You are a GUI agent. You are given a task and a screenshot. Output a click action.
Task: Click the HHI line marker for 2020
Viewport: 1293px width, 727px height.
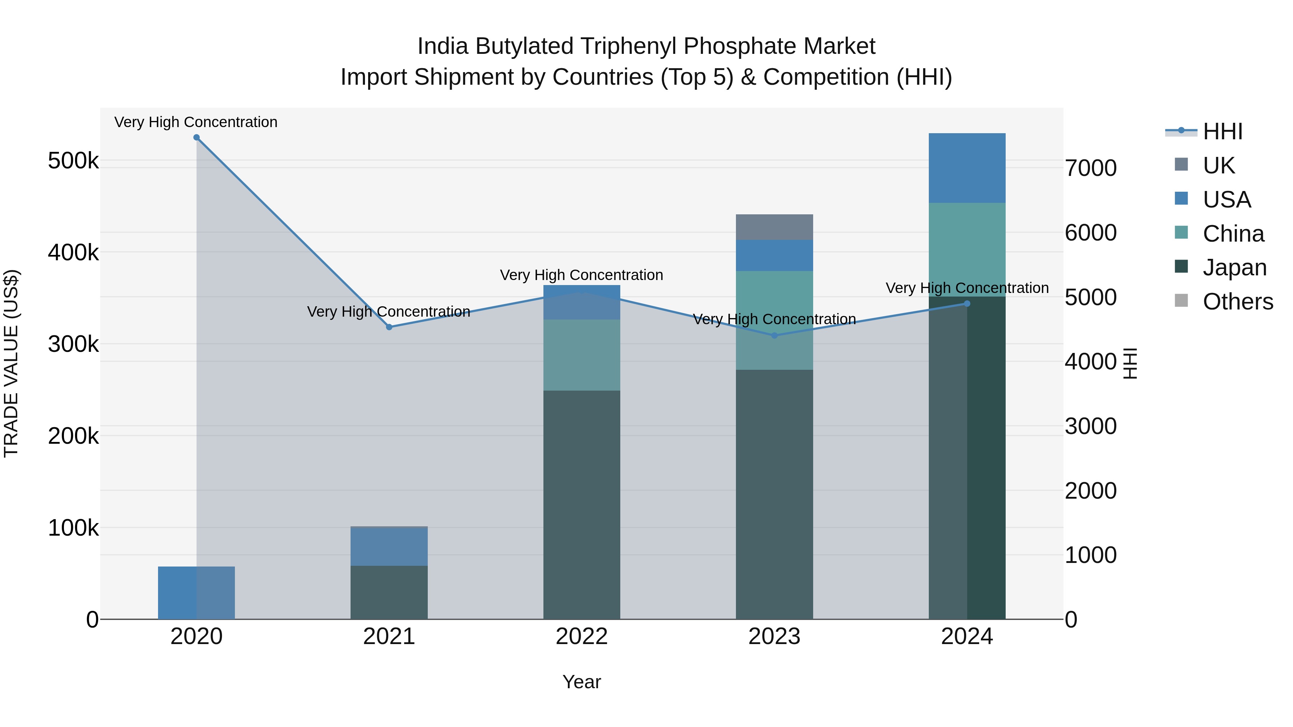(x=196, y=138)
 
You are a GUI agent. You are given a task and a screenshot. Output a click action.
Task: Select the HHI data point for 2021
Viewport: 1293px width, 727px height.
(x=389, y=327)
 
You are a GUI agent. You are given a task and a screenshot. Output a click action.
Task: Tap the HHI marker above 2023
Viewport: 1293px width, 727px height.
(x=774, y=336)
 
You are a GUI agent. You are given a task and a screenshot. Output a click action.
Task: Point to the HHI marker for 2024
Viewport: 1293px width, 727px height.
(x=967, y=303)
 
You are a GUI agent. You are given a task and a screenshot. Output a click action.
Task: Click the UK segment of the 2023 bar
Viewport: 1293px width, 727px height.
(x=774, y=227)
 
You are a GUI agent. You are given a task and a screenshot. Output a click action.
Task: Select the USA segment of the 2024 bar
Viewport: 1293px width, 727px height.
(x=967, y=168)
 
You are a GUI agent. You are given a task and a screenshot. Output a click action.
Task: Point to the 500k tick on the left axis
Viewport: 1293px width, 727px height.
(x=73, y=161)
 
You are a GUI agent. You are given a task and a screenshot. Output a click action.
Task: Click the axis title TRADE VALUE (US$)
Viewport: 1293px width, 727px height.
(x=11, y=363)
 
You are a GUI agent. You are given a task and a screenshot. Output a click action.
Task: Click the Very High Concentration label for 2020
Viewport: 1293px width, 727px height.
(x=196, y=122)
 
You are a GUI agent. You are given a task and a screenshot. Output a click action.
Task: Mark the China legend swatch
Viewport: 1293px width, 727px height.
(x=1182, y=232)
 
